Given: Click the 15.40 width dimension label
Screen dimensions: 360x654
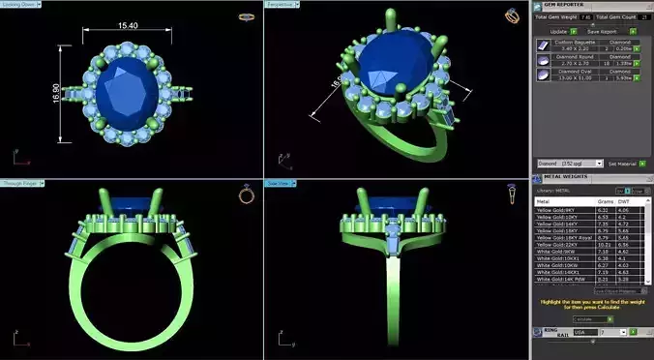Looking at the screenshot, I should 129,25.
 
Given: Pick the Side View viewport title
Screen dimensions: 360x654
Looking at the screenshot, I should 281,182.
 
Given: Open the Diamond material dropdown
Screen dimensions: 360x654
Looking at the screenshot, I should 570,164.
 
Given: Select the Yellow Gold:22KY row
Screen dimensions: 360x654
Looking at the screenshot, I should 563,244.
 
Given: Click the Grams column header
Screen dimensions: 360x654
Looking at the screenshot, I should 603,202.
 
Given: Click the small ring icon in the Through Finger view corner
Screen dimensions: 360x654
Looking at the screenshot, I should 246,195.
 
